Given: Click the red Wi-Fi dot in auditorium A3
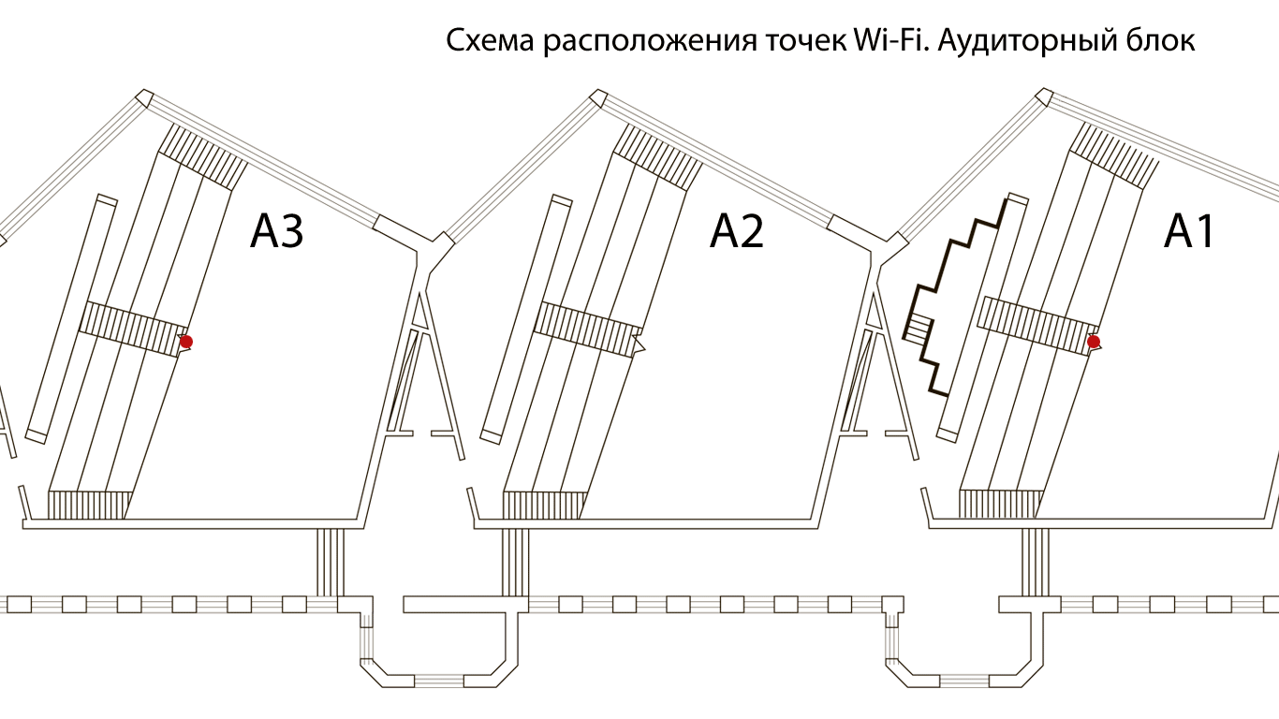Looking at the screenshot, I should coord(186,342).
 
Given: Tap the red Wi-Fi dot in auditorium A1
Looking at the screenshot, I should coord(1093,342).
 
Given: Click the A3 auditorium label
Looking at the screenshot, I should coord(277,231).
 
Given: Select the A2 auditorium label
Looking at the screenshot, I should coord(737,231).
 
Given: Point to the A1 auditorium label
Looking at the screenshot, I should coord(1189,231).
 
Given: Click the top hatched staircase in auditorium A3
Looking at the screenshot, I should coord(201,154).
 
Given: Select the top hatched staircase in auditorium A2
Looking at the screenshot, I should coord(657,154).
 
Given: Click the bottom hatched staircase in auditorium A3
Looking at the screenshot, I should coord(89,505).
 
